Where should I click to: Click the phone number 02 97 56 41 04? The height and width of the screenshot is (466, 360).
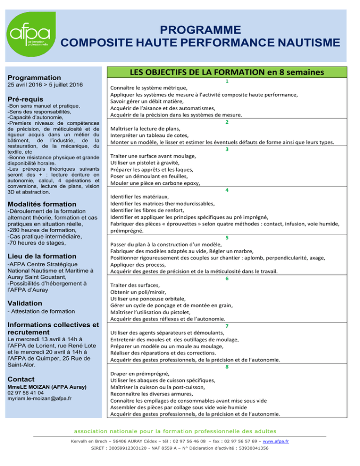pos(27,392)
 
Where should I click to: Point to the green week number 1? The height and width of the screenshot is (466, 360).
pos(226,81)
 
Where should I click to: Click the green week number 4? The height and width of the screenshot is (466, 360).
pos(226,190)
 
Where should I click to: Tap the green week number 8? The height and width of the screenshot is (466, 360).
pos(227,367)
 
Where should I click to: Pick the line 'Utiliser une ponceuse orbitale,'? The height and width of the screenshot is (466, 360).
pos(147,299)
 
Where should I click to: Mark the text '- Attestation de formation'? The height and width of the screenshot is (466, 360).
pos(41,312)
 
